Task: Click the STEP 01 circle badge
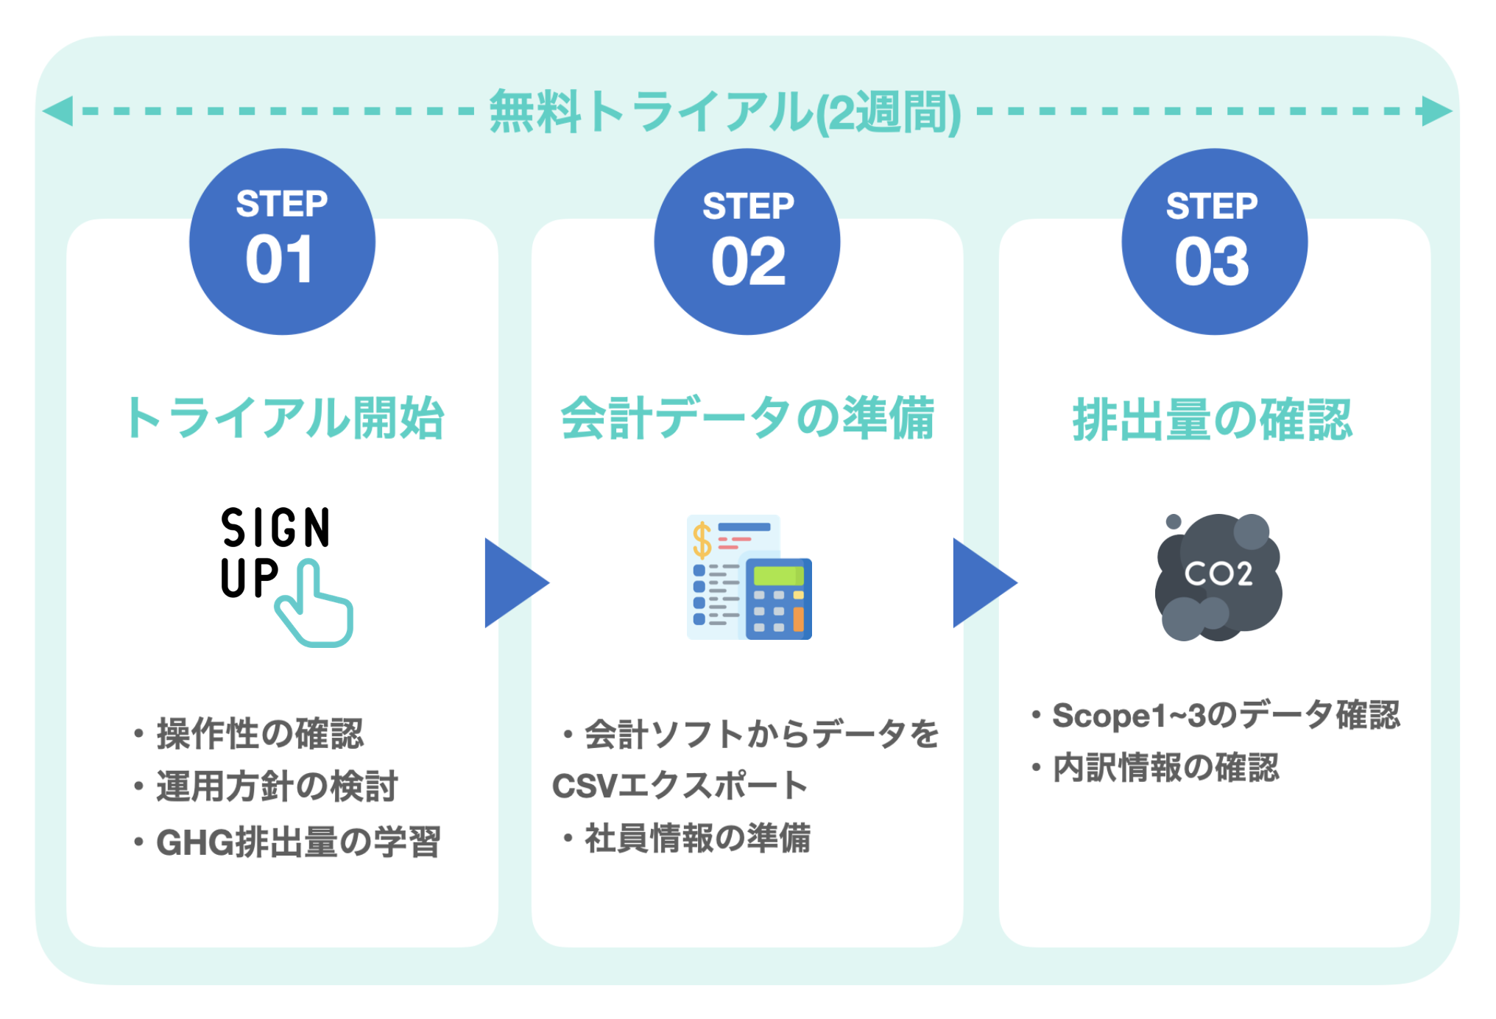282,241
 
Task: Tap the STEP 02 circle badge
747,241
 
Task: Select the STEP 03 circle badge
1214,241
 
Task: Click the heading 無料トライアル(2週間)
725,112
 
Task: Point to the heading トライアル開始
284,418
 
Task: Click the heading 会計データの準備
747,418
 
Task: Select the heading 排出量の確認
1213,420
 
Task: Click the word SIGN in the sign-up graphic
275,528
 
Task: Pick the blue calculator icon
777,598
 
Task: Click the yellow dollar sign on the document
702,540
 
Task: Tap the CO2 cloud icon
1218,577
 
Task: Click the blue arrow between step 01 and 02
512,582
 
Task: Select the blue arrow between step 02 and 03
981,582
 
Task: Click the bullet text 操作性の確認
259,734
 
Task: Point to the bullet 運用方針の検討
276,786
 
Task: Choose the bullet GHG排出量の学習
297,842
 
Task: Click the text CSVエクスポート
680,786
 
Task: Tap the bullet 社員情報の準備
696,839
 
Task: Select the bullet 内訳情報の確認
1165,768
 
